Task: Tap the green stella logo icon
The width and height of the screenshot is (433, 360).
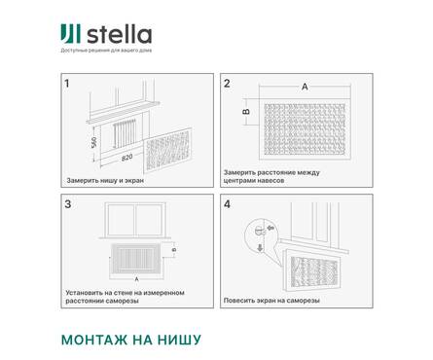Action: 69,36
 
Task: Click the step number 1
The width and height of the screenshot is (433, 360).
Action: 67,84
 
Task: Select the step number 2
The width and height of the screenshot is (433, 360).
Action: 227,84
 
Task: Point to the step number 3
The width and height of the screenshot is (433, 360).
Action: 67,205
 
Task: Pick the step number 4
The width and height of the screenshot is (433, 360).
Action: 227,205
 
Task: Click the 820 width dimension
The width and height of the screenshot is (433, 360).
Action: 126,156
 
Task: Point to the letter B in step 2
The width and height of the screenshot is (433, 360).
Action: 245,111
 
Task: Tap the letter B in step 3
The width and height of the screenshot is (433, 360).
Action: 173,251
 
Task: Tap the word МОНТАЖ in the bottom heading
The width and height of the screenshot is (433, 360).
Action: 96,340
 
